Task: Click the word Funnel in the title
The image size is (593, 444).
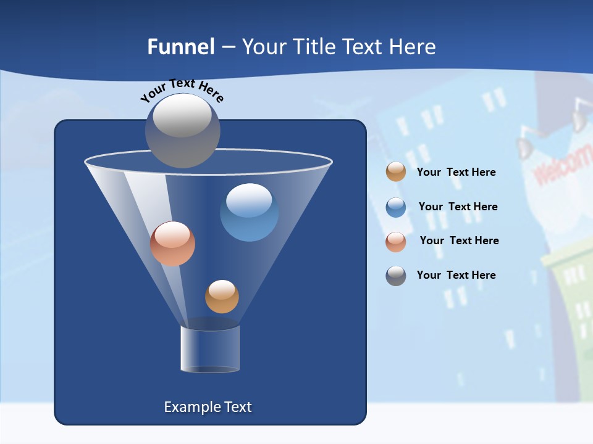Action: pos(181,47)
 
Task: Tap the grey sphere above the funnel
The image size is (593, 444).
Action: pos(182,130)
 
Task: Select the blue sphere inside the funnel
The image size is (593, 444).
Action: pos(249,212)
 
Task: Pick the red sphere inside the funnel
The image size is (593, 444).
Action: pos(172,244)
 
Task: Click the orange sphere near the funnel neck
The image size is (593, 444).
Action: pos(222,297)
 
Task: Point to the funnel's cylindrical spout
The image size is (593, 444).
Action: pos(209,348)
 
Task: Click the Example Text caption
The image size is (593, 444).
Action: pos(208,407)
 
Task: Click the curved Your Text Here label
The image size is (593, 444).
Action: pos(182,90)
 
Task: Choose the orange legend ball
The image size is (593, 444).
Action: pos(396,172)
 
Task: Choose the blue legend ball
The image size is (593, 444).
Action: pos(396,207)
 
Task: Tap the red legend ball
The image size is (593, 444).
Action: pos(396,241)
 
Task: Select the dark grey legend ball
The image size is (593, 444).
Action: pos(396,275)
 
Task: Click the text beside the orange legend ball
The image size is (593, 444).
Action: pos(456,172)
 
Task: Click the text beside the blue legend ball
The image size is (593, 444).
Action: pos(458,207)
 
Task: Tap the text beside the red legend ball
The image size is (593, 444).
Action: pos(459,240)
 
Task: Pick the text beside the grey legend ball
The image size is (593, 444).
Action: pos(456,275)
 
